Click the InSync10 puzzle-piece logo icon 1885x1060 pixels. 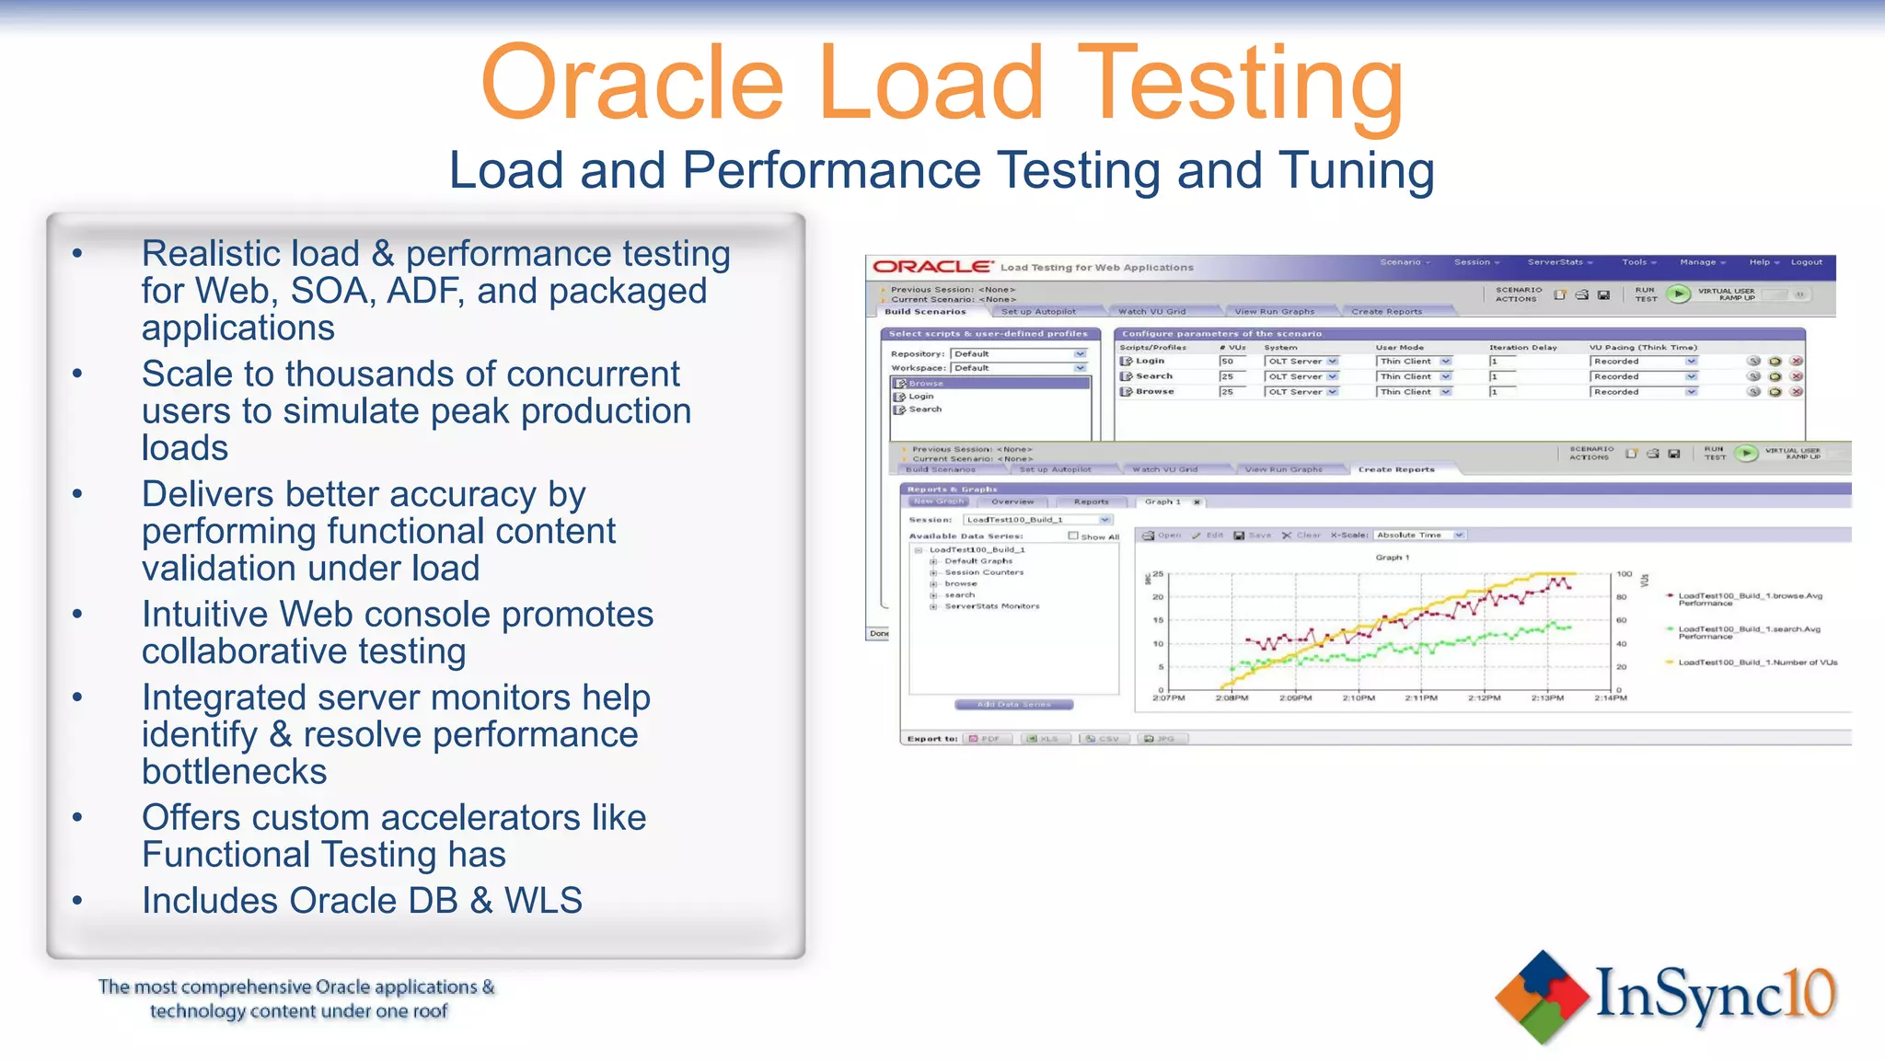pyautogui.click(x=1543, y=997)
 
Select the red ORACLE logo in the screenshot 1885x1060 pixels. pyautogui.click(x=931, y=267)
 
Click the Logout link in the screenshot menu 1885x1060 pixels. pyautogui.click(x=1806, y=262)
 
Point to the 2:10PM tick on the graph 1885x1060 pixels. pyautogui.click(x=1359, y=697)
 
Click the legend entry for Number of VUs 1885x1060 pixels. pyautogui.click(x=1757, y=662)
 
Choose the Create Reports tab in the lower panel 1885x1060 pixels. pyautogui.click(x=1395, y=469)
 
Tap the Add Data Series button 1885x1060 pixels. pyautogui.click(x=1013, y=705)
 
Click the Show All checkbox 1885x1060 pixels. pyautogui.click(x=1073, y=536)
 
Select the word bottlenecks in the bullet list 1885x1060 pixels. pyautogui.click(x=234, y=772)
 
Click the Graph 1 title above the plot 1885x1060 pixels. pyautogui.click(x=1392, y=558)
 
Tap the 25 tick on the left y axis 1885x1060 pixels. pyautogui.click(x=1158, y=574)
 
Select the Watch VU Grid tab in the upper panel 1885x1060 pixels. pyautogui.click(x=1151, y=312)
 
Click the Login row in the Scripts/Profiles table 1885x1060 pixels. pyautogui.click(x=1150, y=361)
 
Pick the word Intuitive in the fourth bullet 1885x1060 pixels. pyautogui.click(x=204, y=615)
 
